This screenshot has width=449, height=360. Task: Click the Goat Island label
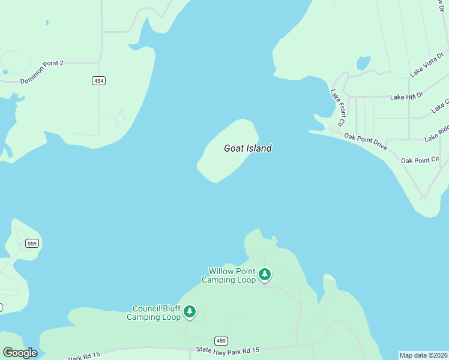(247, 148)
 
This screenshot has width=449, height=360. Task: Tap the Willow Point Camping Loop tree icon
(265, 275)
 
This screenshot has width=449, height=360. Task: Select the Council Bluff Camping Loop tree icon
(190, 311)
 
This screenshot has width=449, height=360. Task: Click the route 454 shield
(98, 80)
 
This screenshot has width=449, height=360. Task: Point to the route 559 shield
(32, 243)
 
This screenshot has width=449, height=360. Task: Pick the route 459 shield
(221, 341)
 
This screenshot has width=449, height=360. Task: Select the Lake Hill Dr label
(406, 96)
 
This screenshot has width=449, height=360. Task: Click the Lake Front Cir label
(337, 107)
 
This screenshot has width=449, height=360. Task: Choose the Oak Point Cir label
(420, 160)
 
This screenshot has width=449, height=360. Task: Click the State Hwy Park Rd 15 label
(228, 350)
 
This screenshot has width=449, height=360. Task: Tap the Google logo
(20, 353)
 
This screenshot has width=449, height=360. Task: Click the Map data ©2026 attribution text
(424, 355)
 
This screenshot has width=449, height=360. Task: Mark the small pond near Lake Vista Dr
(363, 62)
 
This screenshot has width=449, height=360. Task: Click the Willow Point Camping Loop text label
(228, 275)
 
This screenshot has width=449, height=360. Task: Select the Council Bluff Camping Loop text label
(154, 313)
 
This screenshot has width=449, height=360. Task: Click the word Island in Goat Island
(259, 148)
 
